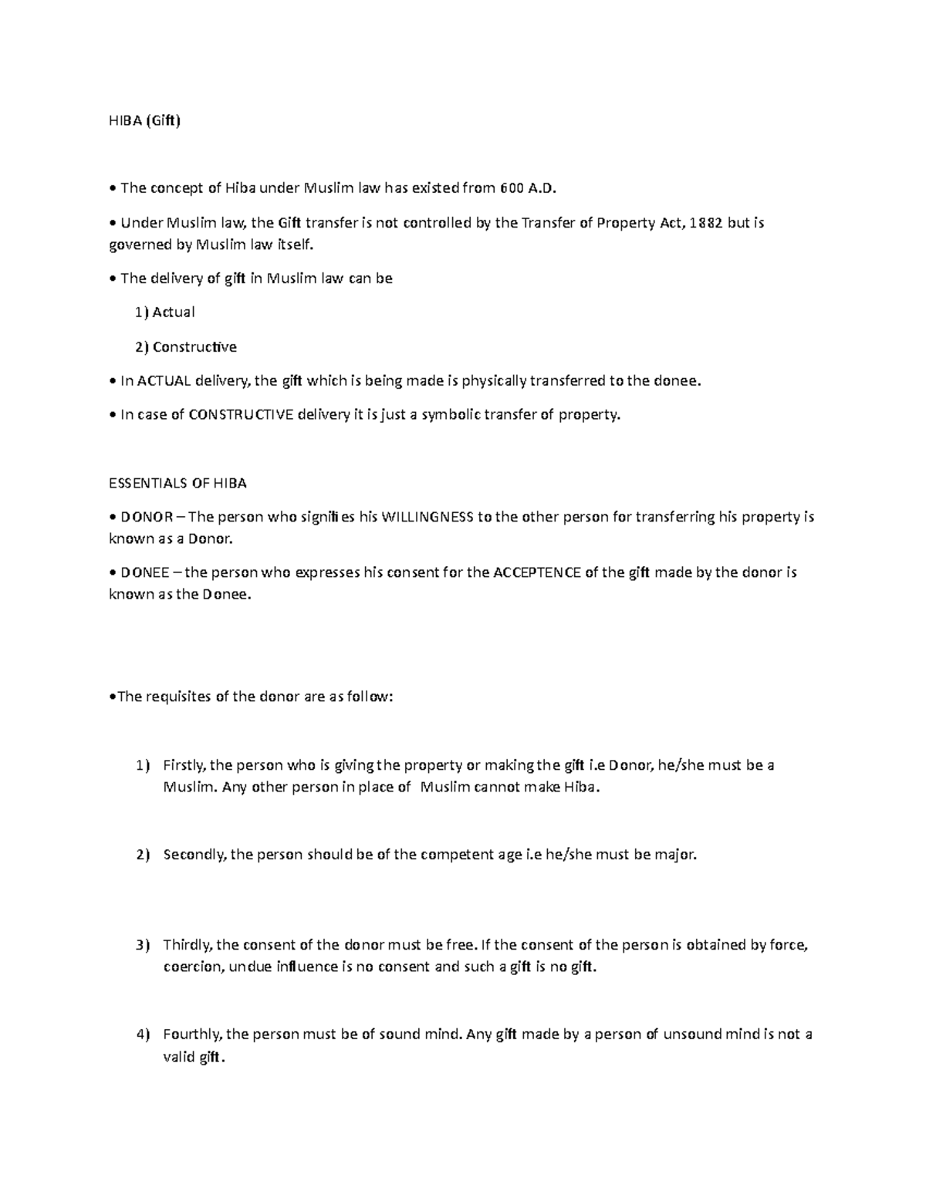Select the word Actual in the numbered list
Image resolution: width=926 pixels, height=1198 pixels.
[174, 312]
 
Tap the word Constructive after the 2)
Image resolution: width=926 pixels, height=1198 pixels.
[194, 346]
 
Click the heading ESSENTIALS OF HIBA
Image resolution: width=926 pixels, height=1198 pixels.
[177, 483]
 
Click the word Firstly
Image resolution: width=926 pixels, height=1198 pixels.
[184, 765]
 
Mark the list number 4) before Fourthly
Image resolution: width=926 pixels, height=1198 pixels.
[142, 1034]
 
